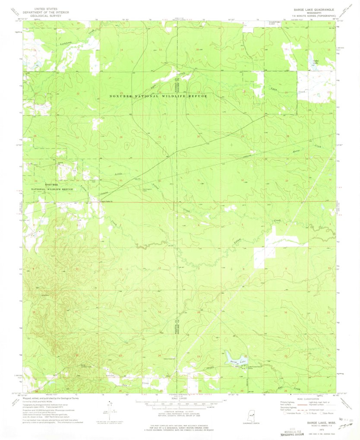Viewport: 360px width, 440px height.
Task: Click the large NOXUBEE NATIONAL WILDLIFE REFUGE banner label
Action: (x=158, y=96)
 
